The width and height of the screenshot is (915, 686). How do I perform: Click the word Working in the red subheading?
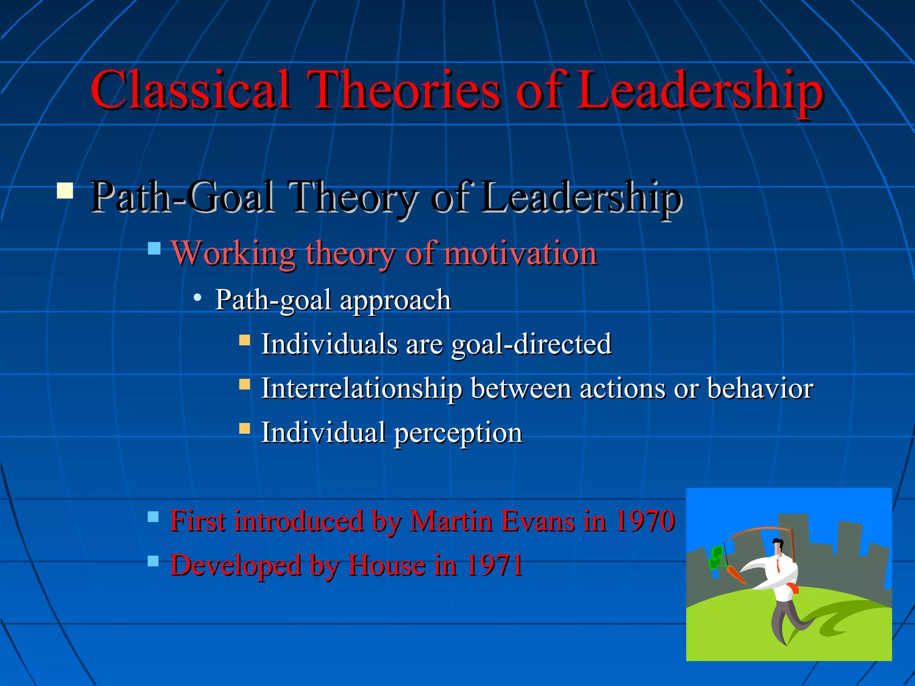point(233,253)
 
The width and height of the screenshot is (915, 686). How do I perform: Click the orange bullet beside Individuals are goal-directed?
point(244,341)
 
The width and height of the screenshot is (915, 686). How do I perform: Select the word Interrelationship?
point(361,388)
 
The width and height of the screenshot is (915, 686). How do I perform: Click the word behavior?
point(760,388)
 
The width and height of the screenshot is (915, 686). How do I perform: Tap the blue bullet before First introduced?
point(153,517)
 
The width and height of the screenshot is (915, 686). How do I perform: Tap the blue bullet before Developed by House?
point(153,561)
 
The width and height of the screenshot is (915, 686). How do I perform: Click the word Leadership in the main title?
point(699,90)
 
